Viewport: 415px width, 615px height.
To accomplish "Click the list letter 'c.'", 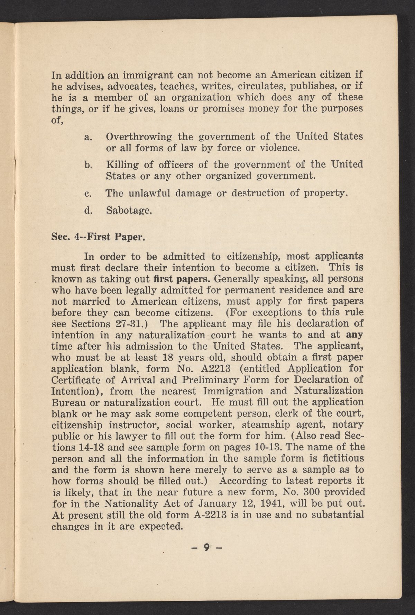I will [87, 193].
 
